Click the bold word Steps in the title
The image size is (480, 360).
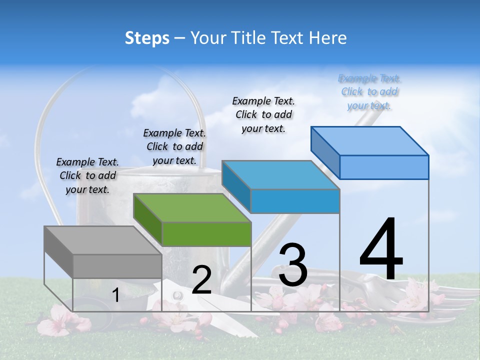click(x=147, y=38)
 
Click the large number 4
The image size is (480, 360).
click(x=381, y=250)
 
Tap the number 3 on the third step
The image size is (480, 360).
click(x=292, y=265)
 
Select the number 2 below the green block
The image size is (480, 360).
click(x=201, y=280)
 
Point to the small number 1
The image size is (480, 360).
click(x=115, y=295)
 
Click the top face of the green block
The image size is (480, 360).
click(x=192, y=208)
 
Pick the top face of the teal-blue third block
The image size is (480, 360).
click(x=280, y=175)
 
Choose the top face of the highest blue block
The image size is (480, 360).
click(x=370, y=140)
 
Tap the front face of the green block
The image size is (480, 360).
click(x=206, y=234)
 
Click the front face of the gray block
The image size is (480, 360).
click(x=117, y=266)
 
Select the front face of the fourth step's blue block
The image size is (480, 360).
click(x=384, y=167)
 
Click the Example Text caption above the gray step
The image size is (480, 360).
click(x=87, y=175)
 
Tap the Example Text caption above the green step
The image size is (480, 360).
click(x=174, y=146)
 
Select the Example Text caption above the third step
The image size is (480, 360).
click(x=263, y=114)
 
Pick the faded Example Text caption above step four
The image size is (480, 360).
click(x=369, y=91)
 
